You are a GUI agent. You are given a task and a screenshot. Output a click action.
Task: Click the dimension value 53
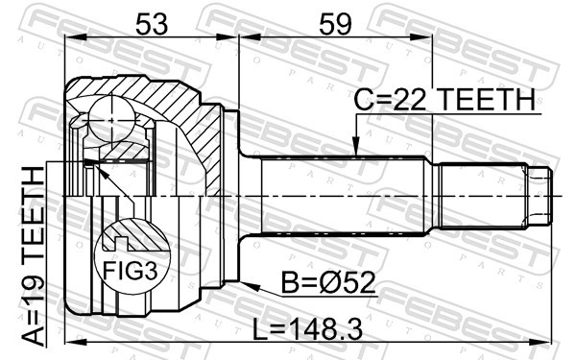pos(152,23)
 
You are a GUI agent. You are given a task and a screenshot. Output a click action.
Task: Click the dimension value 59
pos(335,23)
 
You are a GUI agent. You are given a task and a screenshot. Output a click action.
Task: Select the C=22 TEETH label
pos(444,100)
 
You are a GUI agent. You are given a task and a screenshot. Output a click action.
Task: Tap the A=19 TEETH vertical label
pos(33,256)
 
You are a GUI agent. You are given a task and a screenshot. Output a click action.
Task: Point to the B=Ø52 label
pos(328,282)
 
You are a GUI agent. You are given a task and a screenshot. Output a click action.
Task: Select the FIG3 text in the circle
pos(130,271)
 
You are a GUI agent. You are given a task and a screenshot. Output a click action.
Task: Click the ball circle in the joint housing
pos(111,119)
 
